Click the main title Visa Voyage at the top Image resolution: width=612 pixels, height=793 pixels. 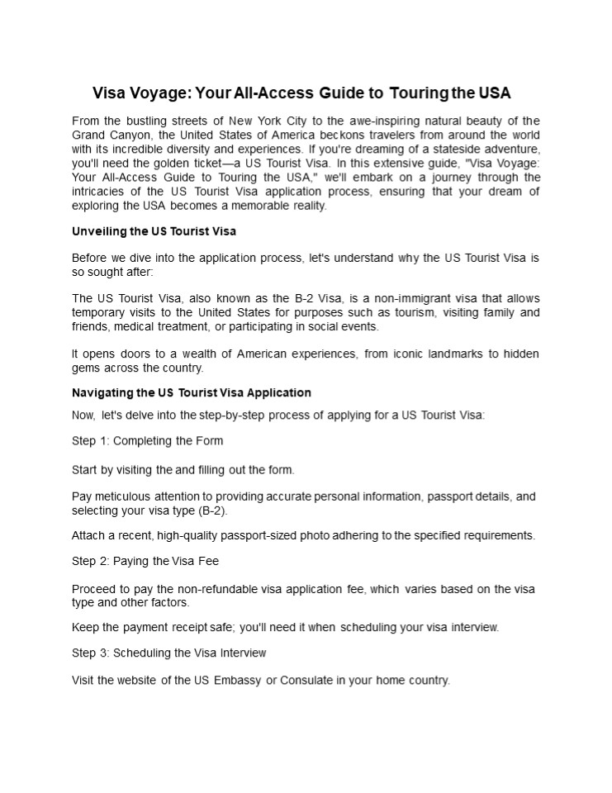306,92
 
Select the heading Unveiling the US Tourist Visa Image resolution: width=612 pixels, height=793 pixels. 154,230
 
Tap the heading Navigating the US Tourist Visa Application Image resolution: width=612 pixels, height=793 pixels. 192,392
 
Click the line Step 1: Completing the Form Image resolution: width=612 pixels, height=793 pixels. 148,440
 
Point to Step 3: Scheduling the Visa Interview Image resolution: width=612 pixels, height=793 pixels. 169,653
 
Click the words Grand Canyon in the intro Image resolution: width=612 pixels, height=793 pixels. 107,135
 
